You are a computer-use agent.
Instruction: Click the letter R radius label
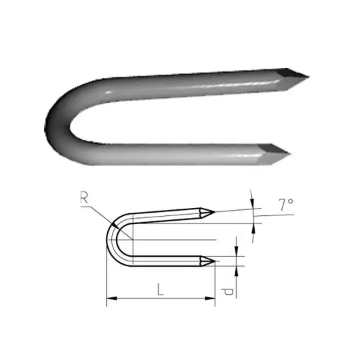(x=84, y=198)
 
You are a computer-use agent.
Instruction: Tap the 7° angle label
(x=286, y=205)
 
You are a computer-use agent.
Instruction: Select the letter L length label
(x=161, y=289)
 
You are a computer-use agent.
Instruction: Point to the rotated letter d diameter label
(x=228, y=292)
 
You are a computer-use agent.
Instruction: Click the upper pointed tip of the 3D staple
(x=309, y=77)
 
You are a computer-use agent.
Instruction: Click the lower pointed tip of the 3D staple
(x=291, y=153)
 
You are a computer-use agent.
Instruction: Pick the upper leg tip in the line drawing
(x=215, y=212)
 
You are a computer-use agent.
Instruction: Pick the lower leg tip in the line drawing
(x=215, y=261)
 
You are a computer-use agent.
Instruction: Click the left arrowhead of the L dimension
(x=111, y=299)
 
